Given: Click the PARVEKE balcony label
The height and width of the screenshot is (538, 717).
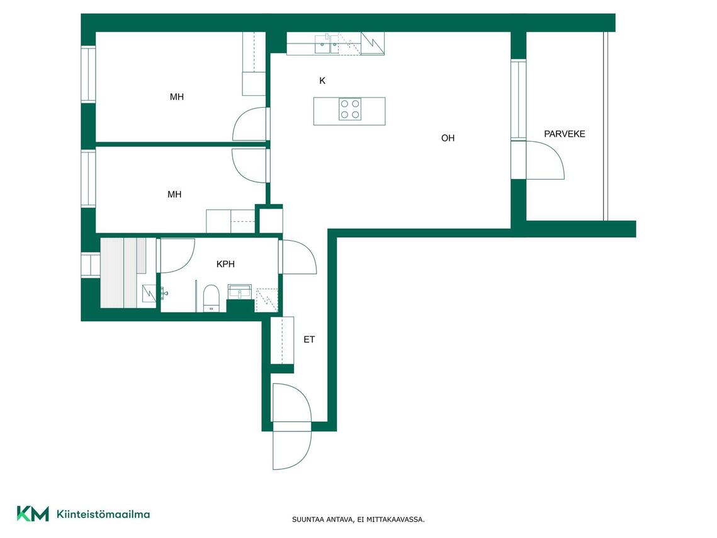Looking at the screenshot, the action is pyautogui.click(x=564, y=134).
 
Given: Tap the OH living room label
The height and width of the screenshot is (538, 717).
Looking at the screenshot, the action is pyautogui.click(x=448, y=138).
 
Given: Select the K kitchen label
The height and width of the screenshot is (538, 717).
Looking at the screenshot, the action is pyautogui.click(x=322, y=81).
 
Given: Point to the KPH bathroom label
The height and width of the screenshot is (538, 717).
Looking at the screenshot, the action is pyautogui.click(x=225, y=264).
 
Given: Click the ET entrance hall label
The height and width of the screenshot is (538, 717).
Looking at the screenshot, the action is pyautogui.click(x=309, y=340).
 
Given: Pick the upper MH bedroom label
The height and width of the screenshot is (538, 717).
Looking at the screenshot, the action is pyautogui.click(x=176, y=97).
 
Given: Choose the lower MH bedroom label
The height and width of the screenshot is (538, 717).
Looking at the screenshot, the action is pyautogui.click(x=174, y=195).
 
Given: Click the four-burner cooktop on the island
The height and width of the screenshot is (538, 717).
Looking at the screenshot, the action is pyautogui.click(x=350, y=110).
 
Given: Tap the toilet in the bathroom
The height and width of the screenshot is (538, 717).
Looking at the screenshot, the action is pyautogui.click(x=212, y=298).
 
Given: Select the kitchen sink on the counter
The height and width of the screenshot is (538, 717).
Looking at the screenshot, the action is pyautogui.click(x=327, y=43).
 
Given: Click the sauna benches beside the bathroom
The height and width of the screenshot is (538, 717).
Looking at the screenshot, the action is pyautogui.click(x=123, y=273).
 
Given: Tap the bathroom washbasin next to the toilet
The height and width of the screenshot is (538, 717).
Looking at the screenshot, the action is pyautogui.click(x=240, y=292).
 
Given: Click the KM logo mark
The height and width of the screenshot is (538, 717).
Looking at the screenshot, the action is pyautogui.click(x=33, y=514).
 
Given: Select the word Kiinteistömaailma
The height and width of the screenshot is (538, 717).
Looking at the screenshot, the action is pyautogui.click(x=103, y=514).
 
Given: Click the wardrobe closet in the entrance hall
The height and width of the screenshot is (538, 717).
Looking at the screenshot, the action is pyautogui.click(x=281, y=340).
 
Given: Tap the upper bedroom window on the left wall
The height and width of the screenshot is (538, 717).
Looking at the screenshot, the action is pyautogui.click(x=88, y=74).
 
